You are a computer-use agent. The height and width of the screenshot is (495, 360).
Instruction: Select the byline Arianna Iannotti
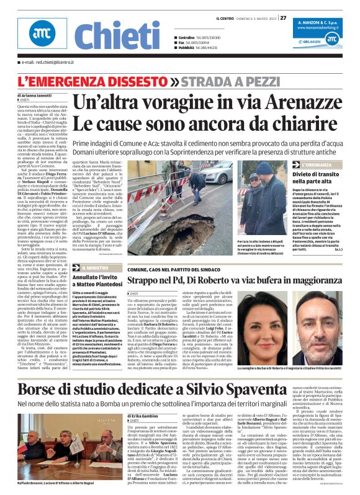[x=39, y=96]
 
